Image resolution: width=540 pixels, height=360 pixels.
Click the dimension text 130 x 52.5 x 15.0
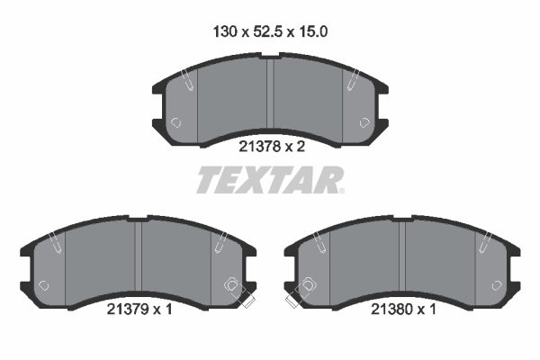pyautogui.click(x=270, y=31)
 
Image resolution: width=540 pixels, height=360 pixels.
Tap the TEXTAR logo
pyautogui.click(x=270, y=180)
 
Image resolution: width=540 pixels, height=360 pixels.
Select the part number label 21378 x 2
pyautogui.click(x=272, y=147)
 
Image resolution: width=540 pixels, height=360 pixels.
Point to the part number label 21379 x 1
pyautogui.click(x=139, y=309)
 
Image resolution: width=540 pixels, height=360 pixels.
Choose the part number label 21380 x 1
pyautogui.click(x=403, y=309)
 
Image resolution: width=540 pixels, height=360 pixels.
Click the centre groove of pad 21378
pyautogui.click(x=270, y=94)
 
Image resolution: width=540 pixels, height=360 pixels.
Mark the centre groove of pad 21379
pyautogui.click(x=138, y=256)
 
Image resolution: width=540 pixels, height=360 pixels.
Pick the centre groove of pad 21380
pyautogui.click(x=402, y=256)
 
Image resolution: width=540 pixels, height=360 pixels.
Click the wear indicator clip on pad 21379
pyautogui.click(x=239, y=292)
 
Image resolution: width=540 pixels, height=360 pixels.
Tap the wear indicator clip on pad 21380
pyautogui.click(x=301, y=292)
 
